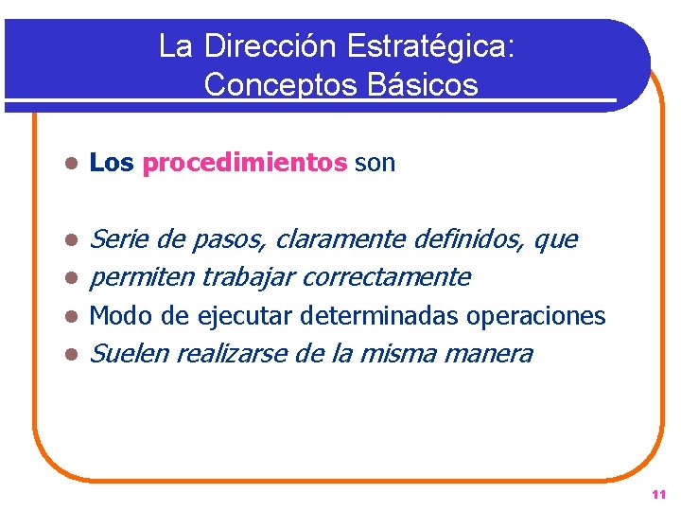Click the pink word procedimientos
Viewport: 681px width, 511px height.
[x=245, y=164]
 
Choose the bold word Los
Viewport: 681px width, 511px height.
[x=112, y=164]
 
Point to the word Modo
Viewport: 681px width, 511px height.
[x=116, y=316]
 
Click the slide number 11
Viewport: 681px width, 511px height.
[x=658, y=495]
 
